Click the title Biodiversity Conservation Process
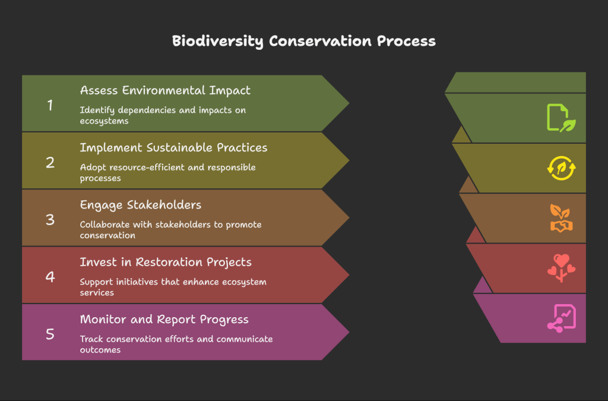tap(303, 41)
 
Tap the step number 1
tap(50, 105)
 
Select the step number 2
tap(50, 163)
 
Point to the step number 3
tap(50, 219)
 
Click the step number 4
tap(50, 277)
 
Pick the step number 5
tap(50, 334)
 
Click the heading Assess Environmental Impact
tap(165, 90)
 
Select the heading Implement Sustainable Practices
tap(173, 147)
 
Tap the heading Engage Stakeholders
tap(140, 205)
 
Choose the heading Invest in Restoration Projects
tap(166, 262)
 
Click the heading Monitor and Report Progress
tap(164, 319)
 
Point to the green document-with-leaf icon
tap(561, 118)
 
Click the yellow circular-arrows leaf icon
tap(561, 168)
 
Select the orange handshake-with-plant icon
tap(561, 218)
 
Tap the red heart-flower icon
tap(561, 268)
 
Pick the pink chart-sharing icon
tap(561, 318)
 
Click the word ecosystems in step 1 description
tap(104, 121)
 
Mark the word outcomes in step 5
tap(100, 350)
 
